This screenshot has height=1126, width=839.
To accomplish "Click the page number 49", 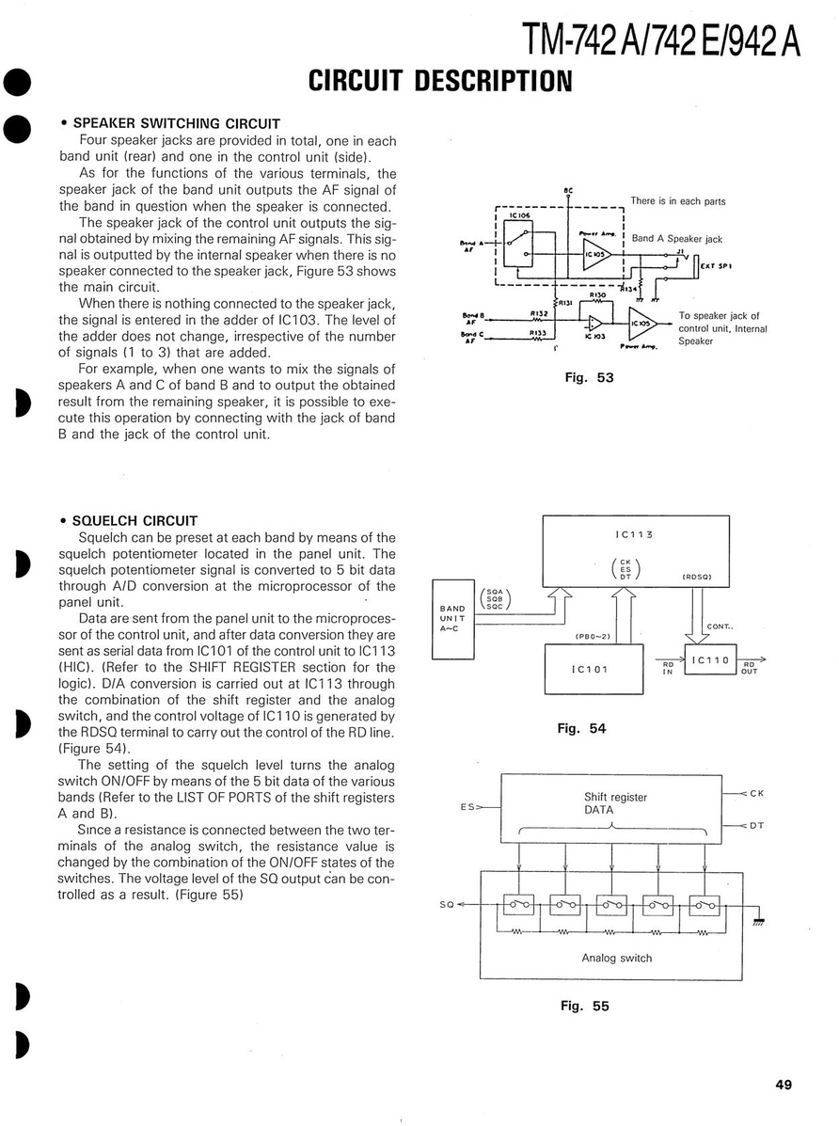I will tap(784, 1085).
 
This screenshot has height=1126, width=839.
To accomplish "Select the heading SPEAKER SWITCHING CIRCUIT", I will tap(176, 123).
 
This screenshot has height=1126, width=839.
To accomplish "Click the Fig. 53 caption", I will tap(589, 377).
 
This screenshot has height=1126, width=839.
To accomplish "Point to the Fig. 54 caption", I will tap(583, 728).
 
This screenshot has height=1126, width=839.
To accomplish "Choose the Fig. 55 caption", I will tap(584, 1006).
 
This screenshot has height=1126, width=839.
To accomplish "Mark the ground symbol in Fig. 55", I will tap(758, 921).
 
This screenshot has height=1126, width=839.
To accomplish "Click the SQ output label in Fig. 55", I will tap(446, 905).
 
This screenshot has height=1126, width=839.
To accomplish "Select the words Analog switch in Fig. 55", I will tap(616, 959).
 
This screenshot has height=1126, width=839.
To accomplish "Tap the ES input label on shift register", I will tap(467, 806).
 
